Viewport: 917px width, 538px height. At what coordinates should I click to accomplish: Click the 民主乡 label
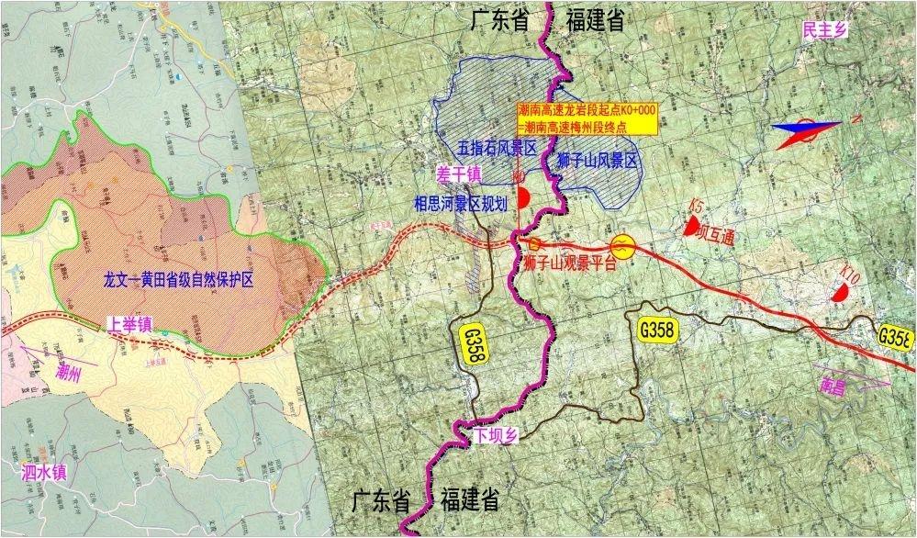click(x=824, y=32)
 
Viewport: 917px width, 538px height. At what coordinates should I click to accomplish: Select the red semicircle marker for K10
click(x=838, y=292)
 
